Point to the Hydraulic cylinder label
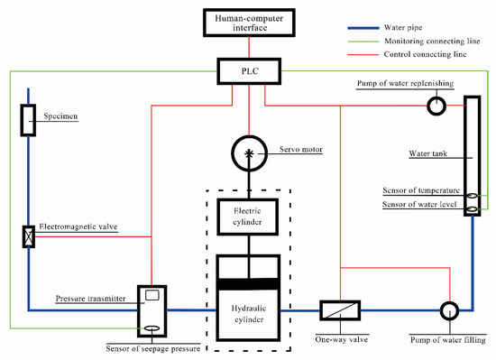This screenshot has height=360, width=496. click(246, 306)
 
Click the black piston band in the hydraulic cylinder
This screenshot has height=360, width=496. click(246, 284)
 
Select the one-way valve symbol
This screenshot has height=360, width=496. click(339, 309)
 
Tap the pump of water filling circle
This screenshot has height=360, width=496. click(448, 310)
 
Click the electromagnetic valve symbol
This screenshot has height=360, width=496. click(27, 236)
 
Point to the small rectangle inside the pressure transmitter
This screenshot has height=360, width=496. click(152, 296)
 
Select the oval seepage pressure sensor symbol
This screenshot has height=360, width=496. click(152, 328)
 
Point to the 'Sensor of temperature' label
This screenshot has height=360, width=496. click(418, 192)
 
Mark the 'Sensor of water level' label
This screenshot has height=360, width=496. click(418, 207)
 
